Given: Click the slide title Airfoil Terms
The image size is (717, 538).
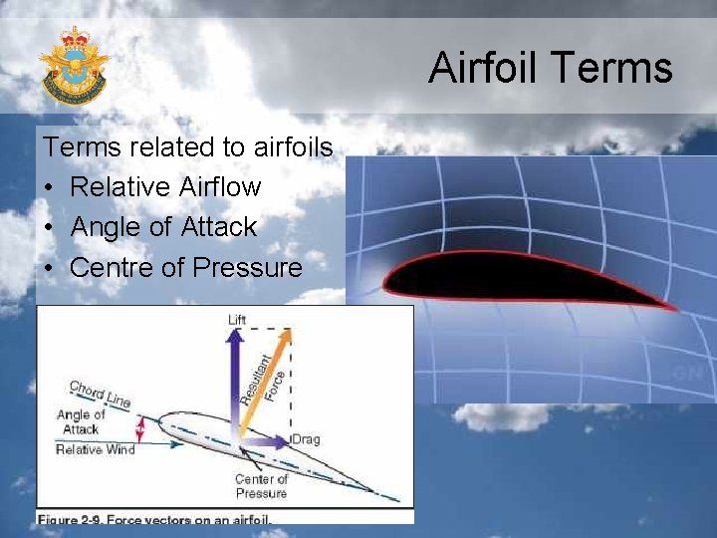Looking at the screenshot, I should pyautogui.click(x=551, y=68).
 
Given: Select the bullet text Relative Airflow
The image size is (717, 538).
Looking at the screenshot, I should pyautogui.click(x=165, y=187).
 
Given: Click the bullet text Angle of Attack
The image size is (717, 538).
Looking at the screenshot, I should pyautogui.click(x=163, y=227).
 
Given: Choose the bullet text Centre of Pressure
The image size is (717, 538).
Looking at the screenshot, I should pyautogui.click(x=185, y=267).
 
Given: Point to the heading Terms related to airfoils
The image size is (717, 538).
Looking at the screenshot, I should pyautogui.click(x=187, y=147).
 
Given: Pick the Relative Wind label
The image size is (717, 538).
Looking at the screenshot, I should pyautogui.click(x=95, y=449).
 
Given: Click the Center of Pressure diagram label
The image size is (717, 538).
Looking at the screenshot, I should pyautogui.click(x=261, y=486).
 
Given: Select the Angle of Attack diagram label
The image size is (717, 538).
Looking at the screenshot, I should pyautogui.click(x=81, y=421).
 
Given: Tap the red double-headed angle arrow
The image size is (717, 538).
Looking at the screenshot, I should pyautogui.click(x=140, y=429).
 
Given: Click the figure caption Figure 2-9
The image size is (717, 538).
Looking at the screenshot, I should pyautogui.click(x=154, y=518).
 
